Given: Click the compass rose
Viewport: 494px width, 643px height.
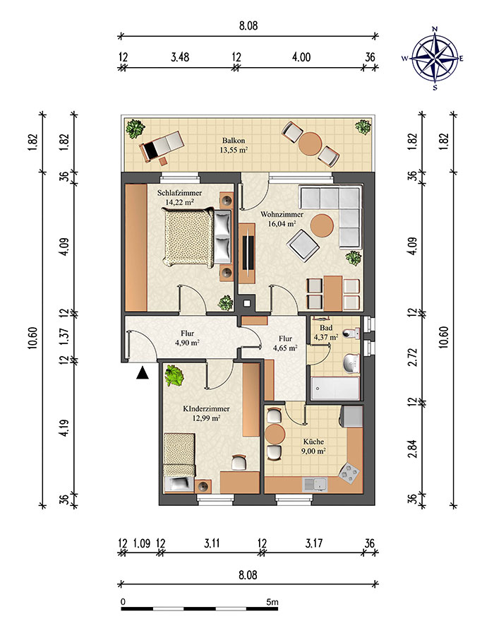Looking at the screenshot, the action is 434,58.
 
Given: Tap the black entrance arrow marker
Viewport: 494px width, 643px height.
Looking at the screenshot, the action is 142,373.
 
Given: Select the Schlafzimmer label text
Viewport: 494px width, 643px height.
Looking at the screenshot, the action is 179,193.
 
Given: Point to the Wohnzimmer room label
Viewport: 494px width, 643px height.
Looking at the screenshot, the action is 282,215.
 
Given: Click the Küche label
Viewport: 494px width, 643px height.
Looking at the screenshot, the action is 313,442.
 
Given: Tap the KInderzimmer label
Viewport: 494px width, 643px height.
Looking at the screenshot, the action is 206,409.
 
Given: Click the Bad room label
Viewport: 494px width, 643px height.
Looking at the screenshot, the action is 326,328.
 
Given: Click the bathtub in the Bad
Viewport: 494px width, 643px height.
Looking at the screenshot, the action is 335,389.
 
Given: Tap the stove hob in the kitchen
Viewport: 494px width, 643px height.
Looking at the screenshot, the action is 349,473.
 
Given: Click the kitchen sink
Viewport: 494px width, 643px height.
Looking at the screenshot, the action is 315,485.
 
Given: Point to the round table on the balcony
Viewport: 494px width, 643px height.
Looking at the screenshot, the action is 310,143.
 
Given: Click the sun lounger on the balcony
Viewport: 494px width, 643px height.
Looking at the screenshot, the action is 161,147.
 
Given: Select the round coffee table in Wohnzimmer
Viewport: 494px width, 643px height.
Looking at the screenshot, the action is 322,226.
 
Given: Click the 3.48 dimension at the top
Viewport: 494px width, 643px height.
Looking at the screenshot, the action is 180,57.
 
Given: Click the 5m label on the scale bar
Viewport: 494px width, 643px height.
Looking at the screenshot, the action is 272,603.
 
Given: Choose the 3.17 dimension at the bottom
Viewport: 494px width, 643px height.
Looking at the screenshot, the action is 314,544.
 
